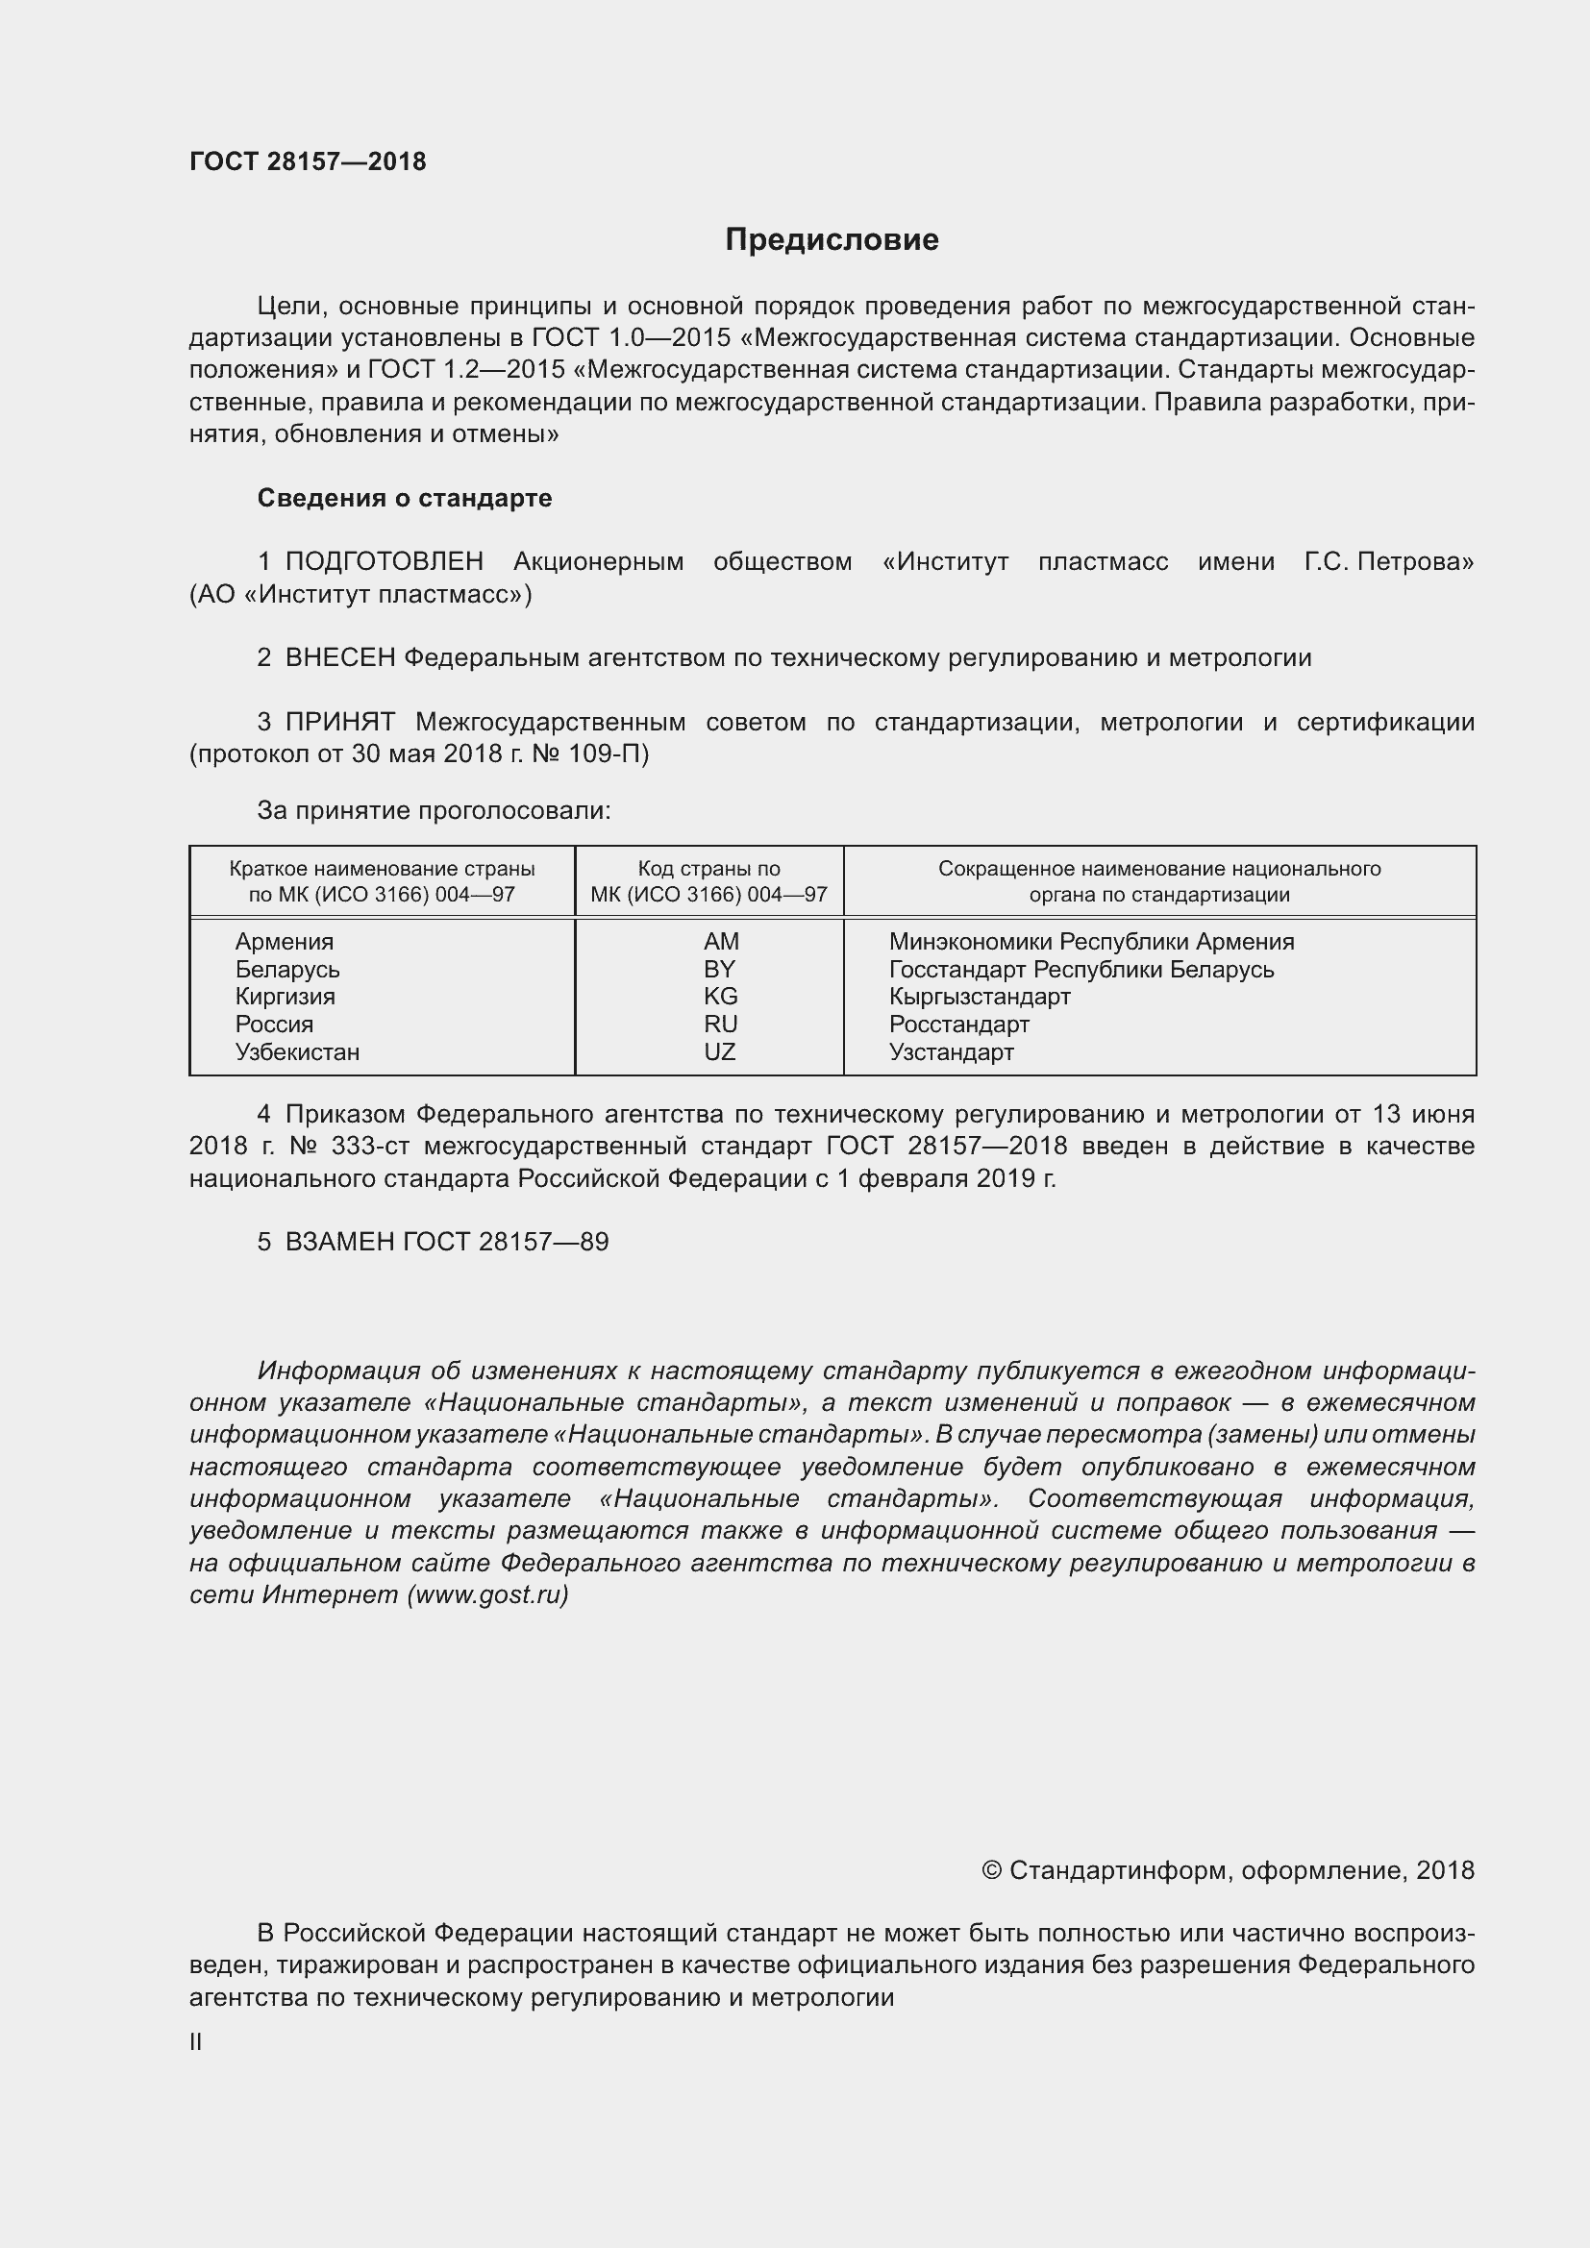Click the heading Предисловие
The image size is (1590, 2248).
coord(832,240)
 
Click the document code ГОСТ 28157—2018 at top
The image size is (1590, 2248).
coord(308,161)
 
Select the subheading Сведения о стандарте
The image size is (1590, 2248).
coord(405,499)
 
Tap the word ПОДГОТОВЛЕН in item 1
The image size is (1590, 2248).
coord(384,562)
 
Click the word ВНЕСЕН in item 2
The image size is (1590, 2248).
coord(339,658)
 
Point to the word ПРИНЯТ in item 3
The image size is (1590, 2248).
coord(339,723)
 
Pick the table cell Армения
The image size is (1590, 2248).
coord(284,942)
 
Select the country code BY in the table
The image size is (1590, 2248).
coord(719,970)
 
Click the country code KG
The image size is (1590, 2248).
coord(720,997)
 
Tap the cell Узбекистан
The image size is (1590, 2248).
coord(297,1052)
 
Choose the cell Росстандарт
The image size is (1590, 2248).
coord(958,1025)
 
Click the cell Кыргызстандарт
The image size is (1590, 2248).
coord(979,997)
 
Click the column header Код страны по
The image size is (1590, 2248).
coord(708,869)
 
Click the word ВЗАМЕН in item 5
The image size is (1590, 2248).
coord(339,1243)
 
